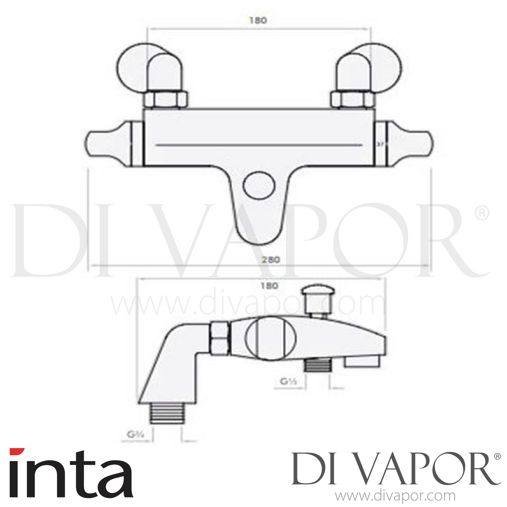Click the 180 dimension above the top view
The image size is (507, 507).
click(258, 20)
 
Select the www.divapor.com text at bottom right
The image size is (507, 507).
click(394, 497)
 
